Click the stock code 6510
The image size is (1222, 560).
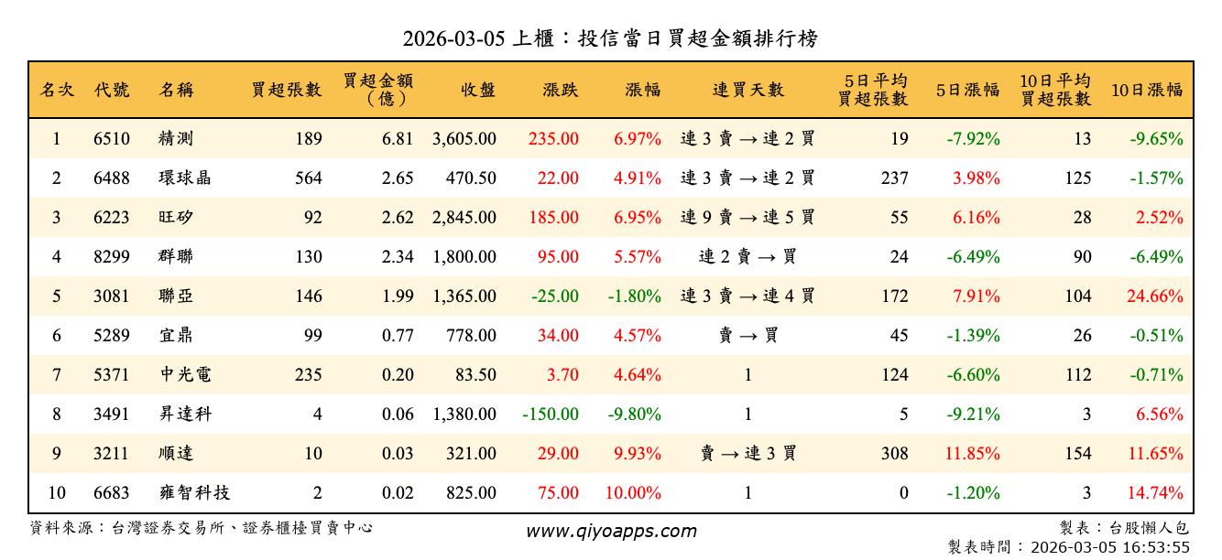click(x=112, y=139)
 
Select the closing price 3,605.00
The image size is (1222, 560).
click(x=464, y=139)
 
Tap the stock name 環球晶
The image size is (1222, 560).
click(x=184, y=178)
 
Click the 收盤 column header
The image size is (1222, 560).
click(x=478, y=90)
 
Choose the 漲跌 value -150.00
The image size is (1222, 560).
click(x=551, y=415)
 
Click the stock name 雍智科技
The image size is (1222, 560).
click(x=193, y=493)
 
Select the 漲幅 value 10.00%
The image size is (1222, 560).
click(x=633, y=493)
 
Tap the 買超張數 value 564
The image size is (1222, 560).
click(x=307, y=178)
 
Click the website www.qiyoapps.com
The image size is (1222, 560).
click(x=611, y=531)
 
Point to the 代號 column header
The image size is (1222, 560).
click(x=112, y=90)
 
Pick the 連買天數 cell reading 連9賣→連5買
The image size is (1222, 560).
click(x=747, y=218)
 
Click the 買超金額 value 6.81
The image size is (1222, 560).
click(x=398, y=139)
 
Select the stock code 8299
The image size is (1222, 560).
click(x=112, y=257)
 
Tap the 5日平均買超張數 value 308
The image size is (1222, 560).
click(x=893, y=454)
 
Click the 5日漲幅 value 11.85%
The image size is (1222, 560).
click(x=977, y=454)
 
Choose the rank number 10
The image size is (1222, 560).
click(x=56, y=493)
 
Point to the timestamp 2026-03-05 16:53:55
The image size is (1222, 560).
click(x=1110, y=547)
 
